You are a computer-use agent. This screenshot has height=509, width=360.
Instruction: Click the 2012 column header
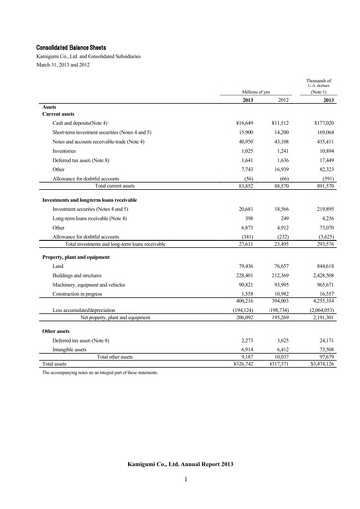282,100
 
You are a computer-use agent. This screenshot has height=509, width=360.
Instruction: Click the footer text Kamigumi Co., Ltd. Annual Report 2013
179,464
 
